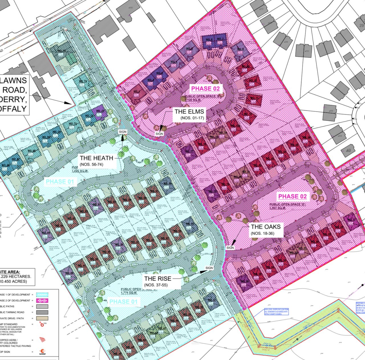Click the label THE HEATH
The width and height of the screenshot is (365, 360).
(x=96, y=158)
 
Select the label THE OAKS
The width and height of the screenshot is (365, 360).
(x=265, y=227)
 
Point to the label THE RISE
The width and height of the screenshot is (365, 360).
(x=157, y=279)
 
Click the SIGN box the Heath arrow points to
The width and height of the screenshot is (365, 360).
(x=123, y=132)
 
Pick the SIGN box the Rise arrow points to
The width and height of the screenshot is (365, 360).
(x=209, y=268)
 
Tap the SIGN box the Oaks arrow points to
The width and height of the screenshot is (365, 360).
(x=230, y=248)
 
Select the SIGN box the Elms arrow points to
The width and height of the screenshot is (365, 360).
(x=159, y=134)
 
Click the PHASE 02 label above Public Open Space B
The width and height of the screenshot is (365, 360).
(x=205, y=89)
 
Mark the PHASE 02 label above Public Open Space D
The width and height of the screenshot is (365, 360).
(x=292, y=196)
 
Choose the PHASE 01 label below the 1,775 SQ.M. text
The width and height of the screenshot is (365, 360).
(x=123, y=302)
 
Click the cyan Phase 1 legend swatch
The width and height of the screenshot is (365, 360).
(x=42, y=295)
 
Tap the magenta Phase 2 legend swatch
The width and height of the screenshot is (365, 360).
(x=42, y=301)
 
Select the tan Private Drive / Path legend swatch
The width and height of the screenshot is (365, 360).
(x=42, y=318)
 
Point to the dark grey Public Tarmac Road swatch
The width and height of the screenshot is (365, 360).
(x=42, y=312)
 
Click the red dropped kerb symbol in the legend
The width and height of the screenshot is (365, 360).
(x=42, y=339)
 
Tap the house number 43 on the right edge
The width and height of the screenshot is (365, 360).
(x=348, y=150)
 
